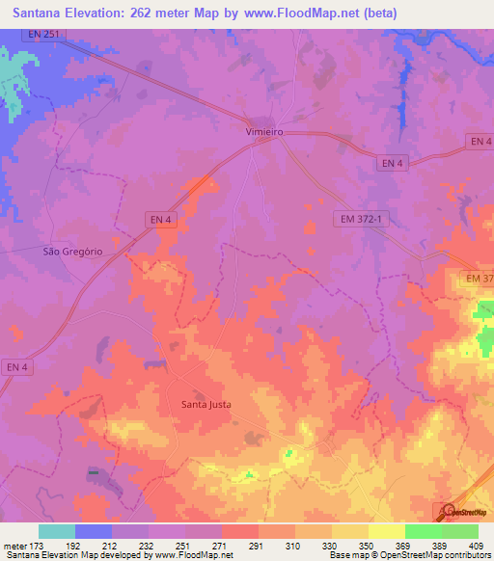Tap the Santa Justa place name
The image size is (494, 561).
[x=207, y=404]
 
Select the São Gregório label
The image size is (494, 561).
[x=73, y=252]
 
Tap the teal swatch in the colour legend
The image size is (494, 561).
[x=57, y=531]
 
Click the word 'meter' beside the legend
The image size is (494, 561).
[x=14, y=546]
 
